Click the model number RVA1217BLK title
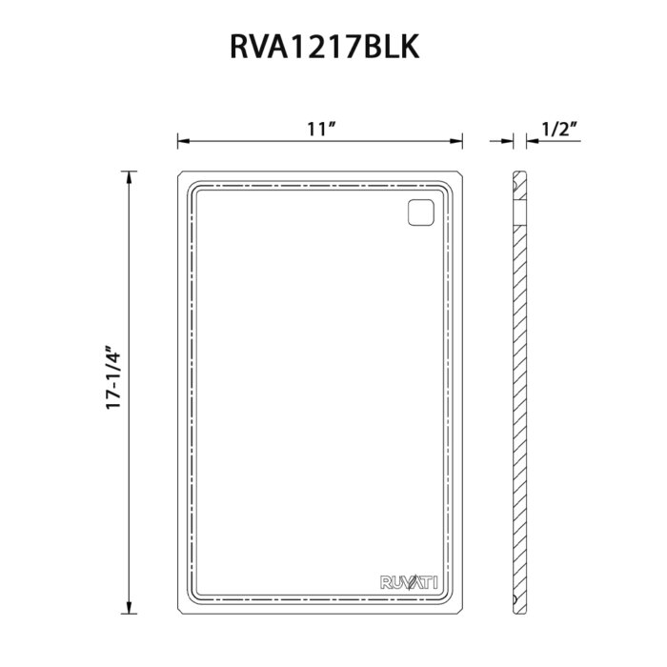(x=325, y=47)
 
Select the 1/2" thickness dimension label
(x=559, y=129)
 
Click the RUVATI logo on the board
(x=409, y=582)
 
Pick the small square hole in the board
(x=421, y=212)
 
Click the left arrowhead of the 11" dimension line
(x=183, y=141)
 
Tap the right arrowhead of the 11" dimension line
(x=456, y=141)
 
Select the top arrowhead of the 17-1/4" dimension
(x=129, y=177)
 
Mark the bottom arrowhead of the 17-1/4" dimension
(x=129, y=608)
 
